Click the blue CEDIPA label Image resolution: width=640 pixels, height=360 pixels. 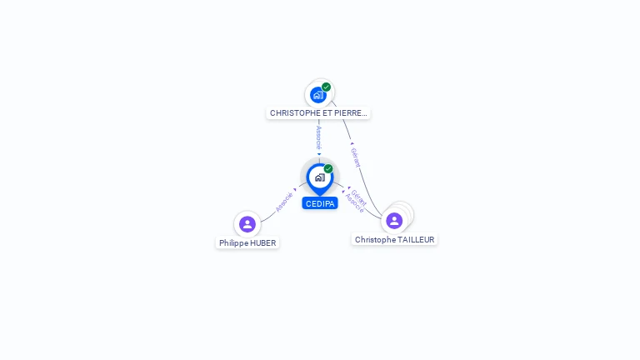(319, 203)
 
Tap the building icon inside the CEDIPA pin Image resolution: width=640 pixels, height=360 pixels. (319, 177)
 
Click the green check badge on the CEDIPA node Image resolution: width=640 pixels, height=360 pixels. (328, 168)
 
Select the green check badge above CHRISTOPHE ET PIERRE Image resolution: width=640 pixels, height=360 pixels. (326, 87)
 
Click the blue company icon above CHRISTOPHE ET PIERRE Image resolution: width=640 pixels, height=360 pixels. (317, 95)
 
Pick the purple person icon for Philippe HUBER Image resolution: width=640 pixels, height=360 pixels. (247, 223)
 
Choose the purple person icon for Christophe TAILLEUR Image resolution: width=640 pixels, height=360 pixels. (394, 221)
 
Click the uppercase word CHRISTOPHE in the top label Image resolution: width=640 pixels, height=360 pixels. (294, 113)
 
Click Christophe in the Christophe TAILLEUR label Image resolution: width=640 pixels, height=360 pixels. (374, 240)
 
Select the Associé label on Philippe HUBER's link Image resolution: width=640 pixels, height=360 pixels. (284, 202)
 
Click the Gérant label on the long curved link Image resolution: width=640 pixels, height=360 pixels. (355, 157)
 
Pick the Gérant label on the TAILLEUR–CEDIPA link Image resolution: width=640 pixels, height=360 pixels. (359, 197)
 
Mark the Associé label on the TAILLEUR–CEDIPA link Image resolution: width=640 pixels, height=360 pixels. (354, 203)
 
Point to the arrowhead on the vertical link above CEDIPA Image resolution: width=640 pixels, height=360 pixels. (319, 153)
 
